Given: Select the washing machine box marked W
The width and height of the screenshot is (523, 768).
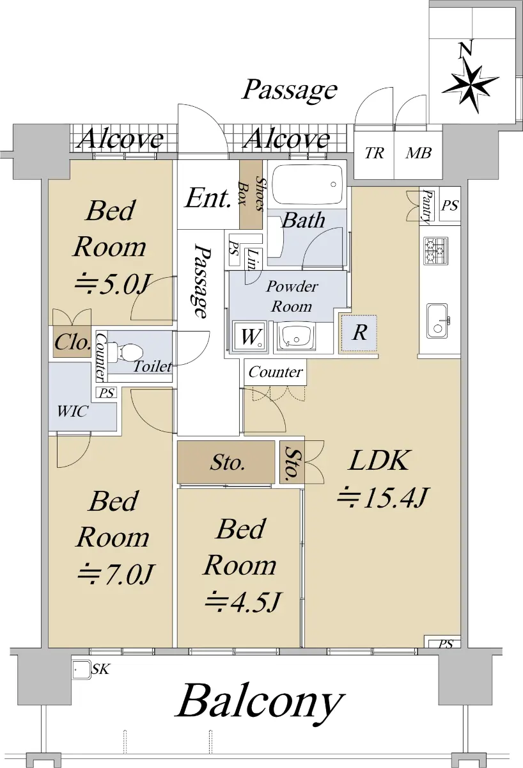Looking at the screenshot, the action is tap(250, 337).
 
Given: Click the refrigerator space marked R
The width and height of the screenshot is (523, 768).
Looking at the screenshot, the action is tap(359, 333).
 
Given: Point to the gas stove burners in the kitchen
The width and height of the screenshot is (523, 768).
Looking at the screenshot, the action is tap(435, 250).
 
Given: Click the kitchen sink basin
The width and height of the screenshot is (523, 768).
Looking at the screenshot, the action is tap(437, 321).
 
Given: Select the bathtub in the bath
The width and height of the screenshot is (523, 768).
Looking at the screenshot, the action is tap(308, 185).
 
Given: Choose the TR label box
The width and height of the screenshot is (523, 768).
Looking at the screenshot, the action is tap(374, 153).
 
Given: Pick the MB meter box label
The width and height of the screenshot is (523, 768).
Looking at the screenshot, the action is tap(418, 153).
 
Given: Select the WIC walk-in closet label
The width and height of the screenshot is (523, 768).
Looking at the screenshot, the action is tap(73, 412).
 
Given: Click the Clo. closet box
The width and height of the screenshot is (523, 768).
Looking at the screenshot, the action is tap(72, 342).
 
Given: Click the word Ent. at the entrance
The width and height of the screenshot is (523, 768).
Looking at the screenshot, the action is tap(208, 198).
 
